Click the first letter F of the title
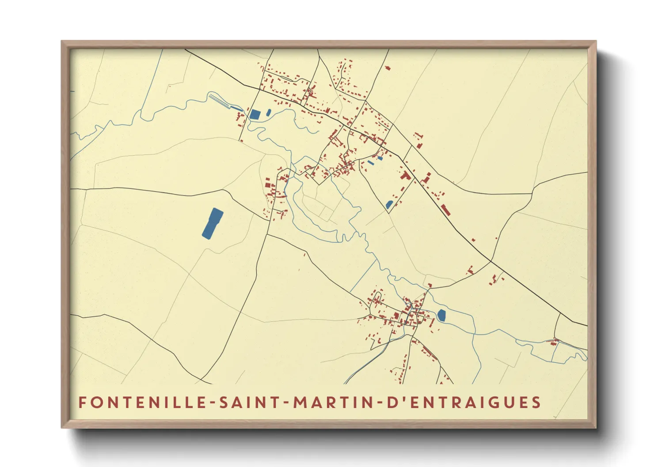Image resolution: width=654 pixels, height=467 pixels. (x=82, y=403)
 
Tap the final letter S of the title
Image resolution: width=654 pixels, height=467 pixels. (x=536, y=403)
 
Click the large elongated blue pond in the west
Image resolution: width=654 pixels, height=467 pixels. (x=213, y=223)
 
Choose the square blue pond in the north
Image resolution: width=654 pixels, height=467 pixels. (x=255, y=114)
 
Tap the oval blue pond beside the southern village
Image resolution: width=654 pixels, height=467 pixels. (x=441, y=315)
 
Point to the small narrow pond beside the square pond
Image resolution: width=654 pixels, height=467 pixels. (x=268, y=113)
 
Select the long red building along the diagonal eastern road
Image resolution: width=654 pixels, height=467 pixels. (x=445, y=210)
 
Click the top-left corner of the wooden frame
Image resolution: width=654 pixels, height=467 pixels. (x=62, y=41)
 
